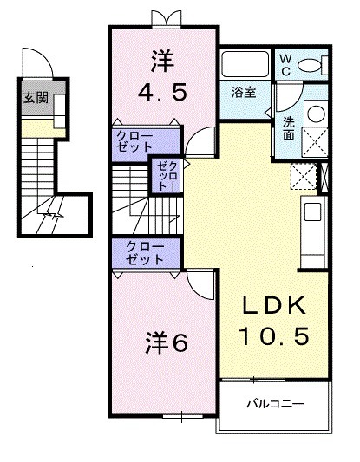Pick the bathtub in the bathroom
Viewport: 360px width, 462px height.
tap(245, 65)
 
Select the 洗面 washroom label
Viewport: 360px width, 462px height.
tap(288, 128)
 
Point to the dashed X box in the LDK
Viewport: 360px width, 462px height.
tap(304, 176)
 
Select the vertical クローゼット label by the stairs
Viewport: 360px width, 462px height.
tap(165, 176)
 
